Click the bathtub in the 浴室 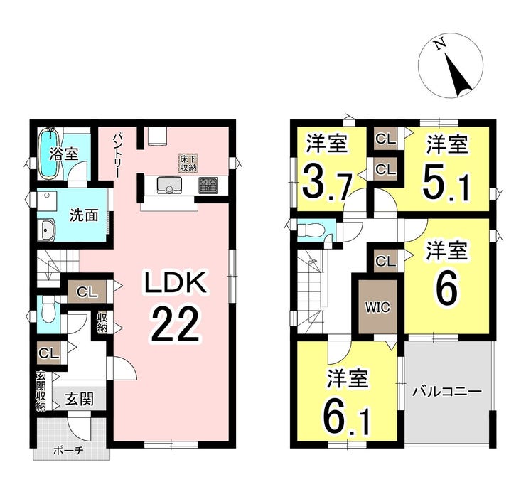click(50, 153)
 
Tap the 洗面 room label click(84, 215)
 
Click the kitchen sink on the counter click(169, 185)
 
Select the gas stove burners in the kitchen click(208, 185)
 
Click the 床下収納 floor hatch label click(188, 163)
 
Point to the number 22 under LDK click(175, 326)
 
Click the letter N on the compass click(438, 45)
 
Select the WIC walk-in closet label click(377, 306)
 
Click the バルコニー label click(447, 392)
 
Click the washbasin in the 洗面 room click(46, 230)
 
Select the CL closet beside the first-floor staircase click(87, 291)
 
